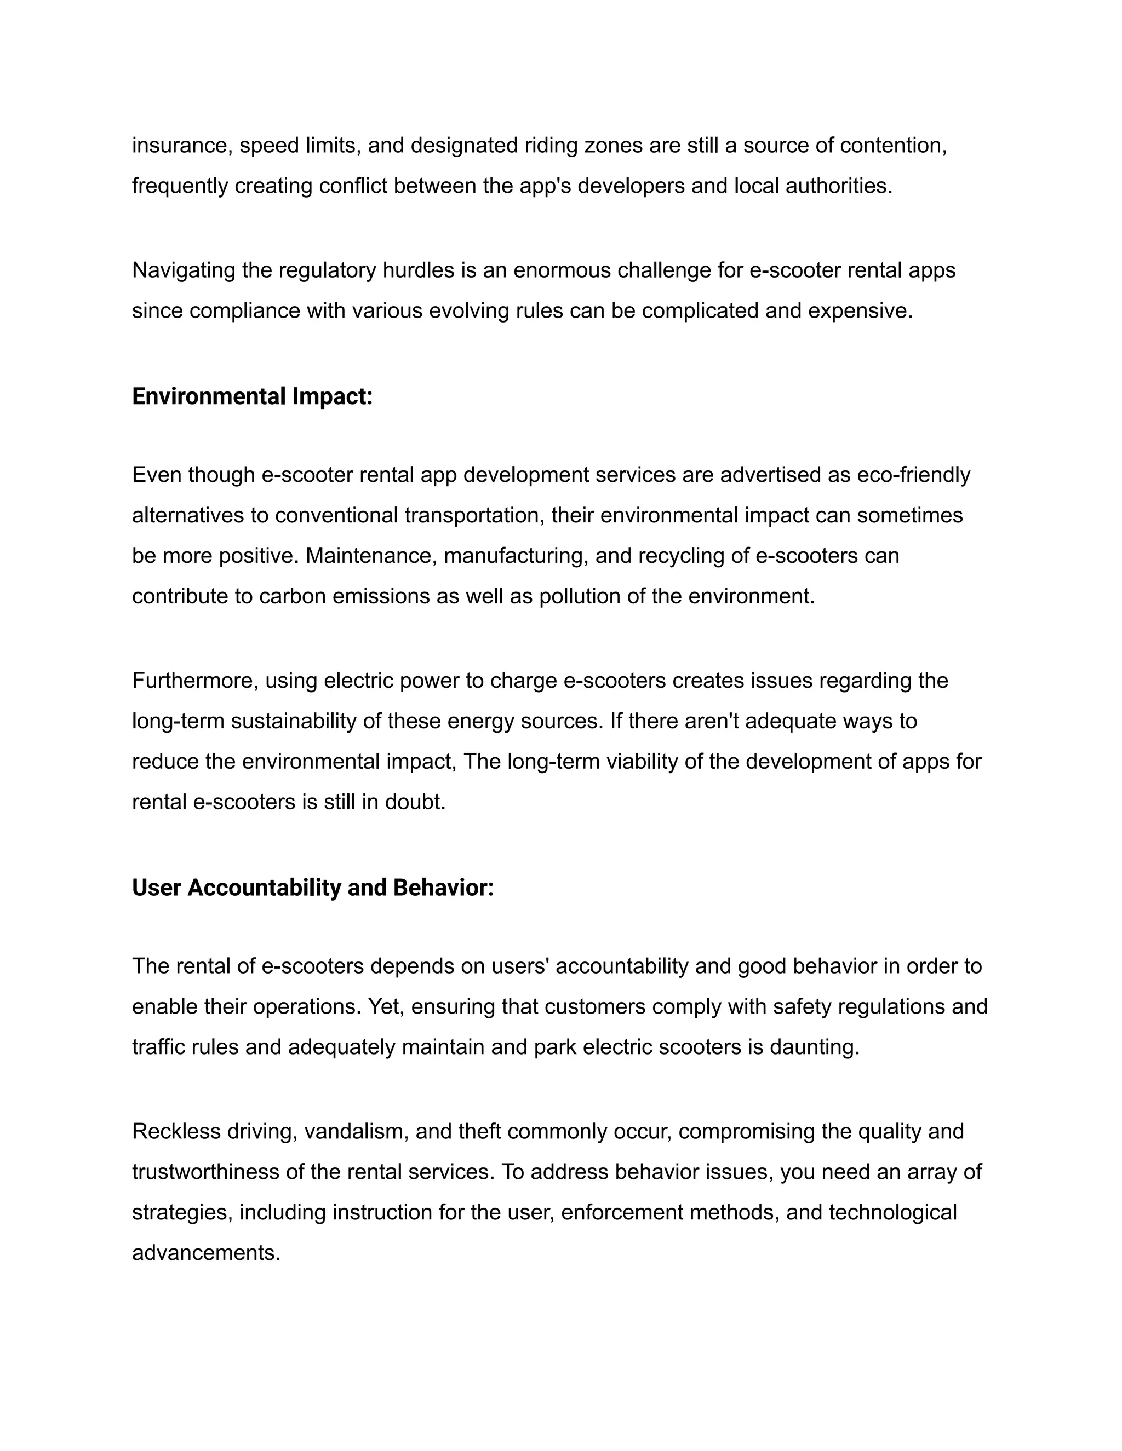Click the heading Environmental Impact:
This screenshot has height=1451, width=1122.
[x=252, y=396]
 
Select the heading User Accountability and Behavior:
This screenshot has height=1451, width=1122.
[x=312, y=888]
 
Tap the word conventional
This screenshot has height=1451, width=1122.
[x=336, y=516]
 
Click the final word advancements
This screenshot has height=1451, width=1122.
[x=206, y=1253]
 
